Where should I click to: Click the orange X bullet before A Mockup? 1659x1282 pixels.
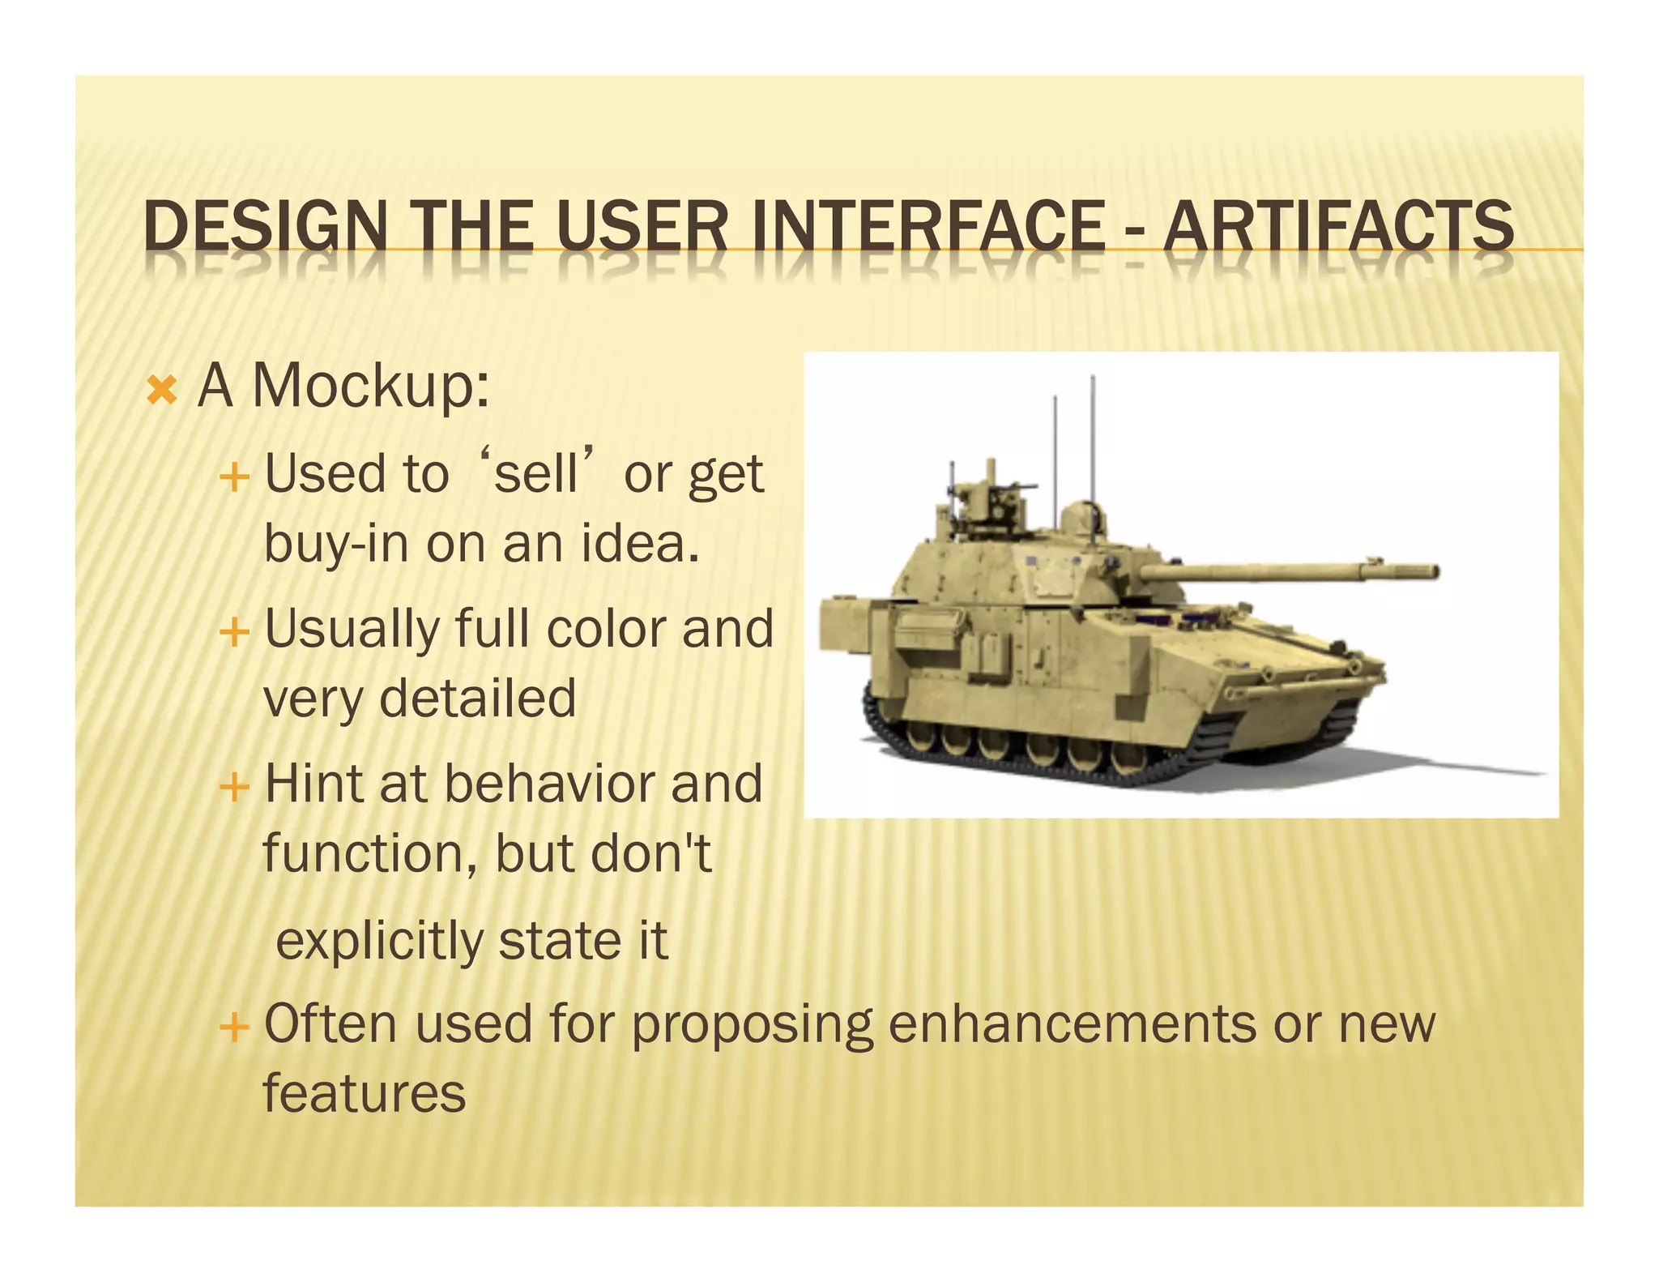(162, 391)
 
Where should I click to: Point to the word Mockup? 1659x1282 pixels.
(371, 387)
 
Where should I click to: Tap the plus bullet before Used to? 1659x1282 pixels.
(234, 476)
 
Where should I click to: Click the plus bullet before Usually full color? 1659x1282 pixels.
(234, 631)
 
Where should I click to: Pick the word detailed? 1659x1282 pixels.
(477, 698)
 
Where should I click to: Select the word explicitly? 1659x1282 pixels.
(379, 941)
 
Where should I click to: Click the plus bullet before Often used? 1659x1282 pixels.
(234, 1028)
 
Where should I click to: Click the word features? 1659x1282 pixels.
(365, 1093)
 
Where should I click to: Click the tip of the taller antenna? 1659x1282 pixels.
(1093, 377)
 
